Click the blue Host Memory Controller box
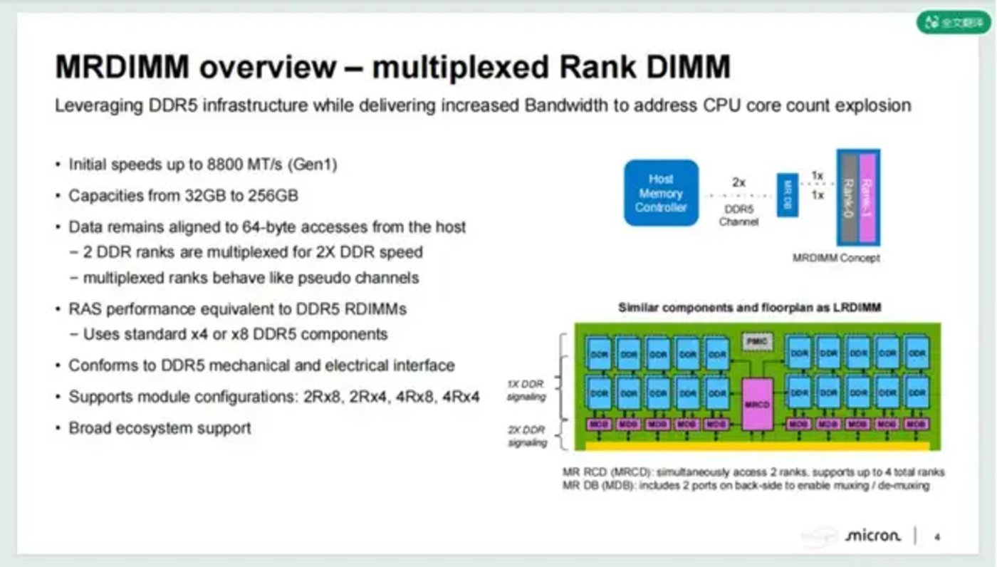(661, 193)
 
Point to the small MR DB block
(787, 194)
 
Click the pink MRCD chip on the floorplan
(757, 404)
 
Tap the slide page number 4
(937, 536)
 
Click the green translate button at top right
(953, 22)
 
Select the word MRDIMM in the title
(122, 68)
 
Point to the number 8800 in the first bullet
(226, 165)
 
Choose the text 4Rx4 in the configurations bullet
(461, 397)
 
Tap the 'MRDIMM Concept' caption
(836, 258)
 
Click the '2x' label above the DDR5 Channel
(738, 182)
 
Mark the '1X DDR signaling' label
(526, 390)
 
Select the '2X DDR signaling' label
(526, 436)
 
